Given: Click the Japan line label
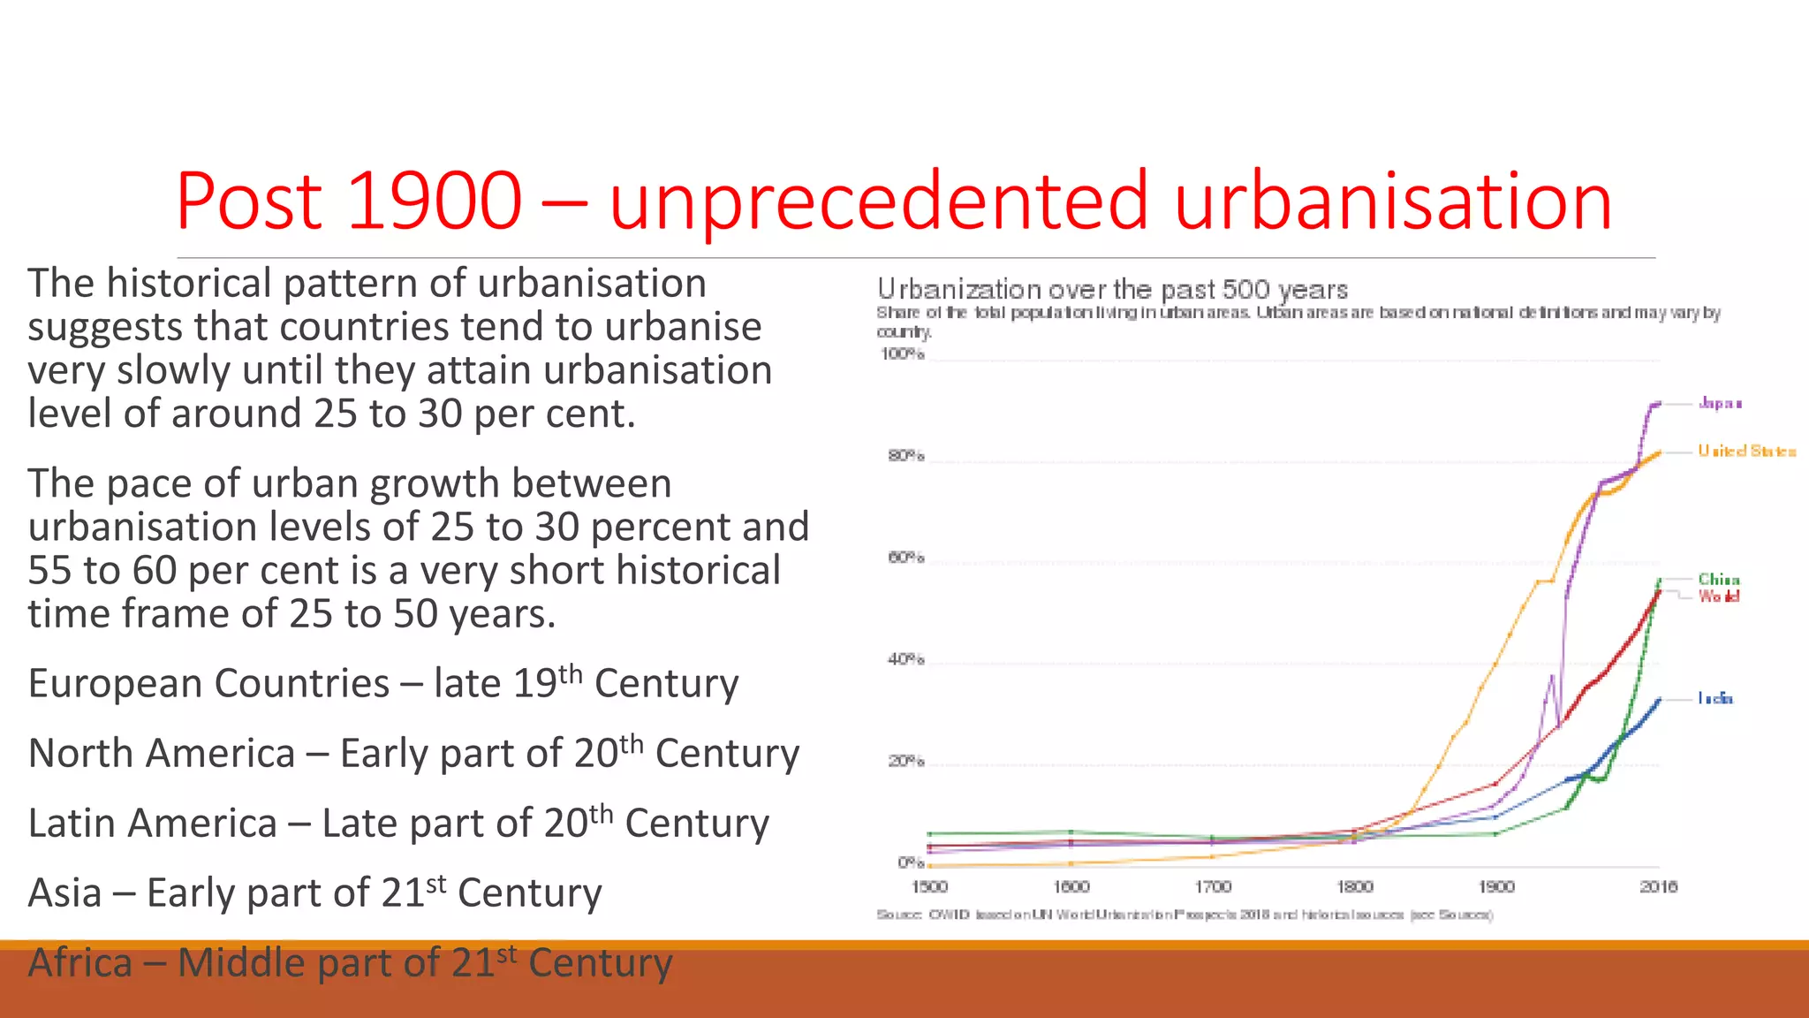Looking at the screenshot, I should pos(1719,403).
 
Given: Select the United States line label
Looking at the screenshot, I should pos(1746,451).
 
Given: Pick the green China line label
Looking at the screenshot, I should pos(1718,579).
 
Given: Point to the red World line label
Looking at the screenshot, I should pos(1718,596).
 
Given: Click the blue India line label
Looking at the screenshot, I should pos(1714,698).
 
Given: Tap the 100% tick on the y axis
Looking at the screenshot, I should pos(902,354).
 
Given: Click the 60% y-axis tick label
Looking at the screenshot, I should pos(905,558).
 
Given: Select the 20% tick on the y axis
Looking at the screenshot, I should pos(905,761).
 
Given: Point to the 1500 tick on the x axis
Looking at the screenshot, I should pos(928,886).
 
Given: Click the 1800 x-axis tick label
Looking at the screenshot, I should pos(1354,886).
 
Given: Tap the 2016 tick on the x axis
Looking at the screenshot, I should pos(1658,886).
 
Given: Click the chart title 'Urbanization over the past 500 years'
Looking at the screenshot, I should pos(1111,289).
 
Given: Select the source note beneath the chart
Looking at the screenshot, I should pos(1184,915).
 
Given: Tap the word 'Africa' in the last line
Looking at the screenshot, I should pos(79,963).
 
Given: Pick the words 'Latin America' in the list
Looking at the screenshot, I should pos(152,824).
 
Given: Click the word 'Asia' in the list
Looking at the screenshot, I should pos(64,893).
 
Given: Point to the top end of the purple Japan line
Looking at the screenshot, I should pos(1658,403).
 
